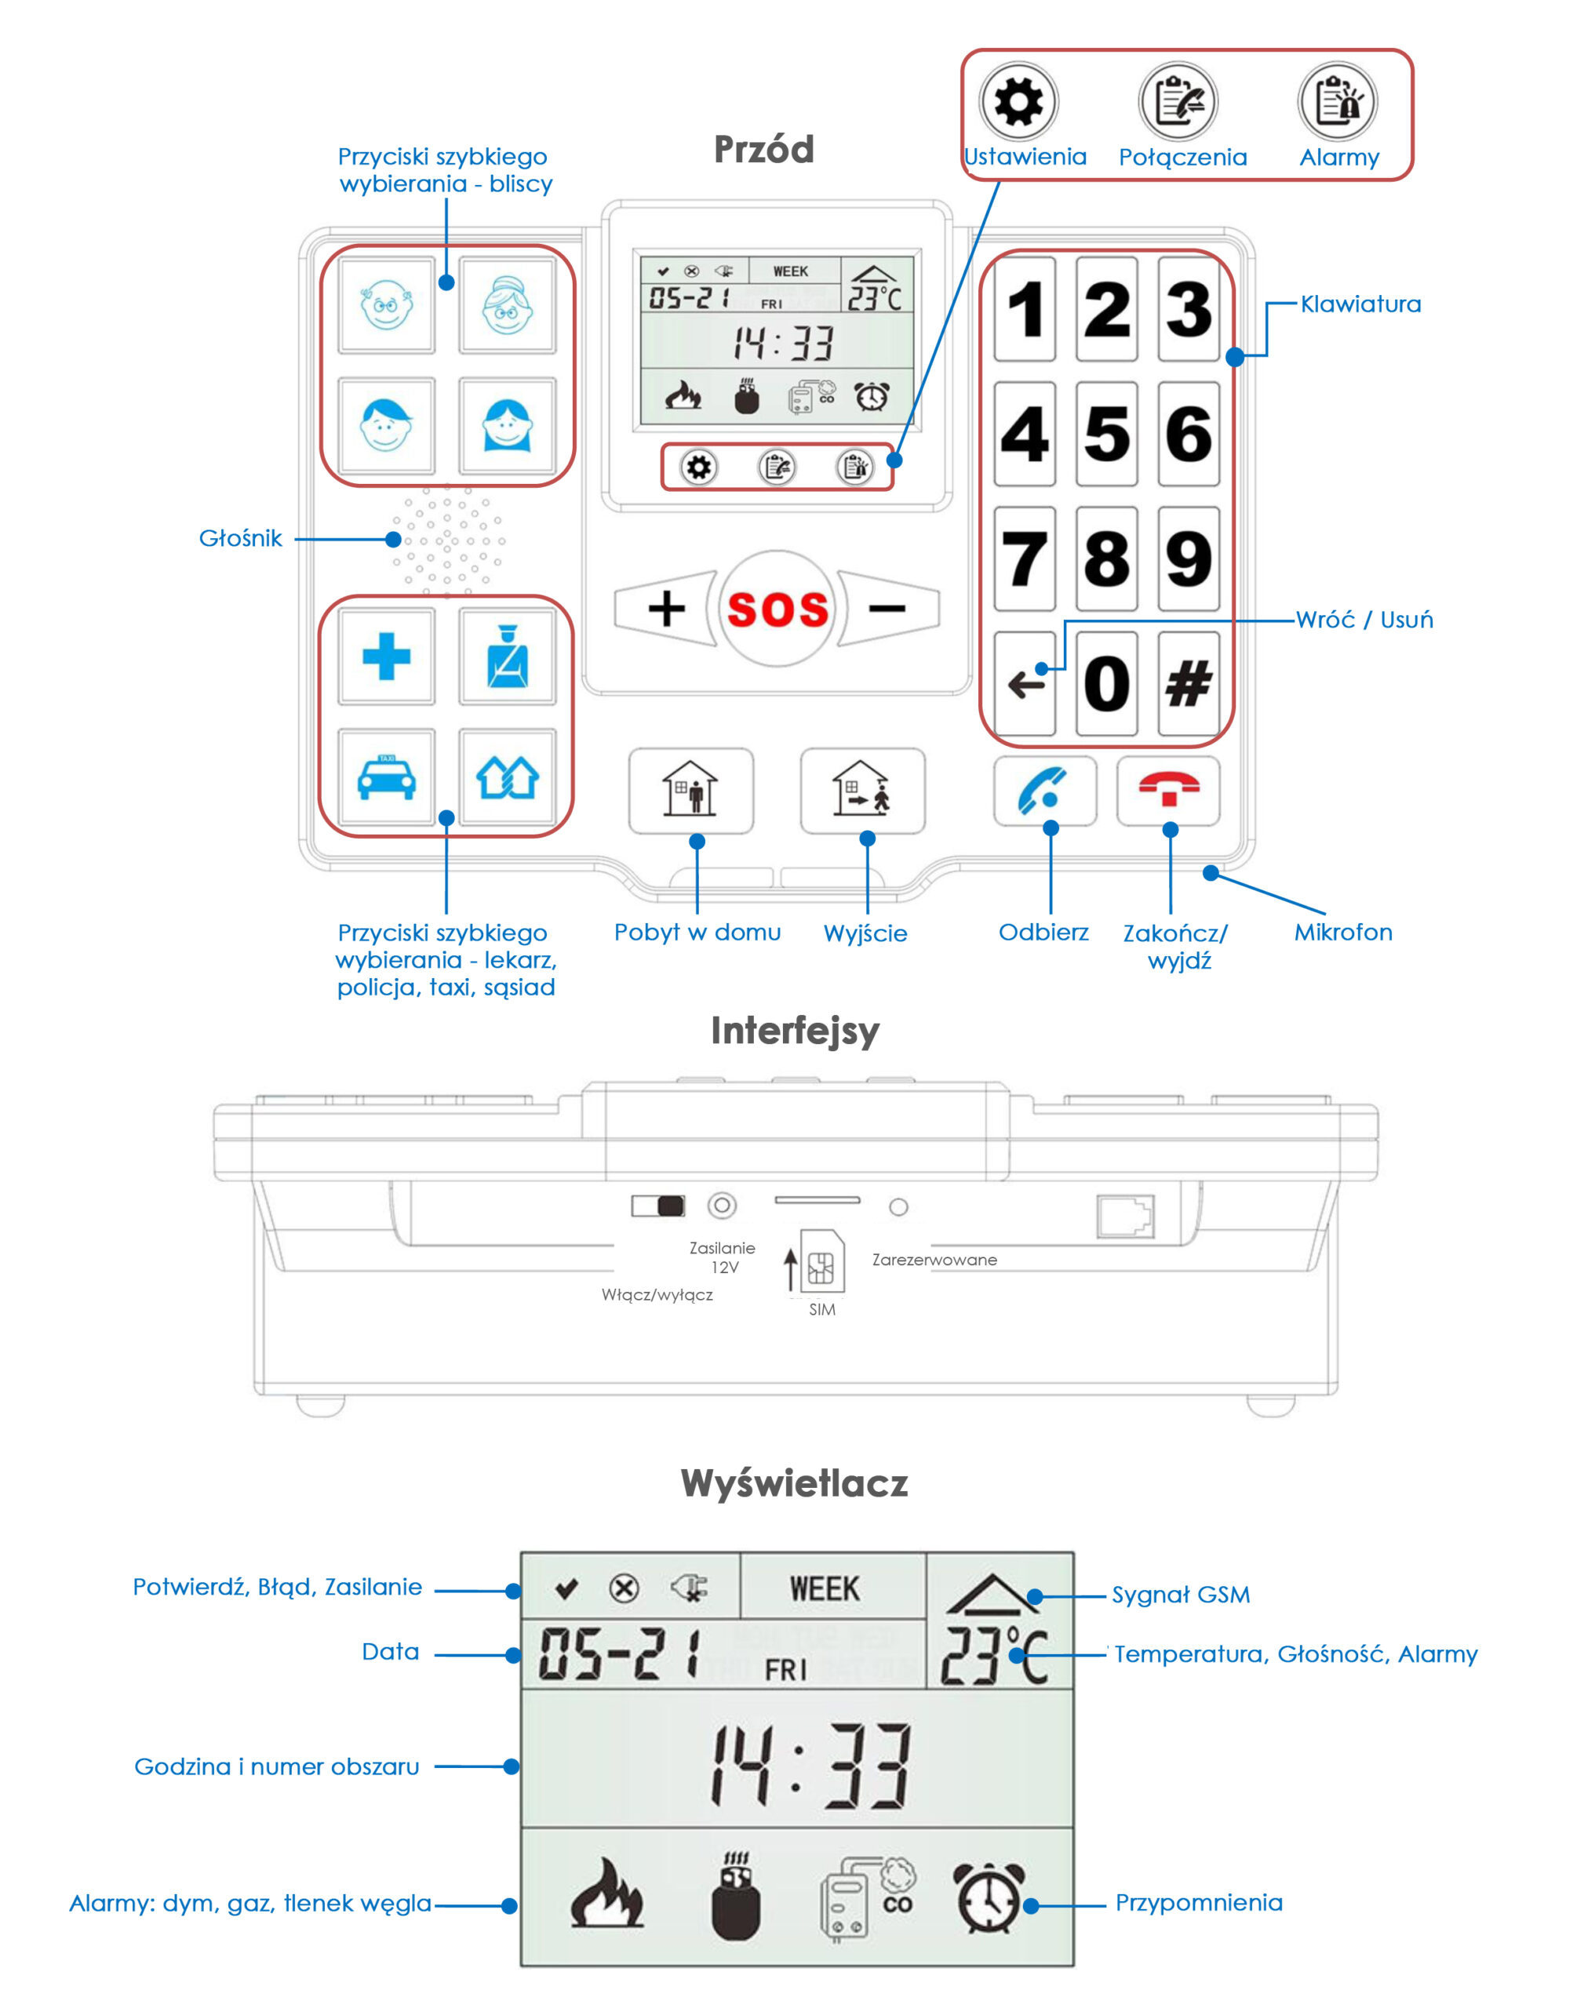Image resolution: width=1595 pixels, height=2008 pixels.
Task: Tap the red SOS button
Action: click(776, 609)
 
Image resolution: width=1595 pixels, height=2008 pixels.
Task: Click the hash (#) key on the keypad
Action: click(1188, 685)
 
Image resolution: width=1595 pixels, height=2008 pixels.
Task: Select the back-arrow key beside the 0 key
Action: click(1024, 685)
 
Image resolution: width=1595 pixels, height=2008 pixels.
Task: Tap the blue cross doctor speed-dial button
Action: click(386, 657)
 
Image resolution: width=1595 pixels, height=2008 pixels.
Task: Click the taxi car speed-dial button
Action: click(386, 777)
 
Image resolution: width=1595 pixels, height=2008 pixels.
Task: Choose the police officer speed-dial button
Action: click(507, 657)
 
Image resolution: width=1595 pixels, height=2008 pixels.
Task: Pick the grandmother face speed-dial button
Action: click(507, 304)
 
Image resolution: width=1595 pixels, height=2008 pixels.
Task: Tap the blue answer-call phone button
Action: click(1043, 791)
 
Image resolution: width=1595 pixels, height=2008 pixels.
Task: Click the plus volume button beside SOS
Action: click(665, 609)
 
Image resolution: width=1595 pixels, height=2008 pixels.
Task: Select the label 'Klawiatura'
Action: click(1360, 304)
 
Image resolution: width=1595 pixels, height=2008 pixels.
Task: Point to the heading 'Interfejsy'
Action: click(795, 1031)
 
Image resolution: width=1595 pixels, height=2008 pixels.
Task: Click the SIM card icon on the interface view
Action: click(821, 1262)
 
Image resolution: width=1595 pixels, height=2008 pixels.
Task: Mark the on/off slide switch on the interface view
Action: click(657, 1206)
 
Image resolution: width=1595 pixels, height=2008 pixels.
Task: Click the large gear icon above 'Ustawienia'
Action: click(1018, 100)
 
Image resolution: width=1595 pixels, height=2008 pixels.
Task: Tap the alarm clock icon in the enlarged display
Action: click(989, 1898)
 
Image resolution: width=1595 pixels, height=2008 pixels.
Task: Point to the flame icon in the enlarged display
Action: click(606, 1895)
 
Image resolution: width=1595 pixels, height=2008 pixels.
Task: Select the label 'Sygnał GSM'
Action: click(1181, 1595)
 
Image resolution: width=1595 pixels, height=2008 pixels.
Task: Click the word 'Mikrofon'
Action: click(1342, 933)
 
